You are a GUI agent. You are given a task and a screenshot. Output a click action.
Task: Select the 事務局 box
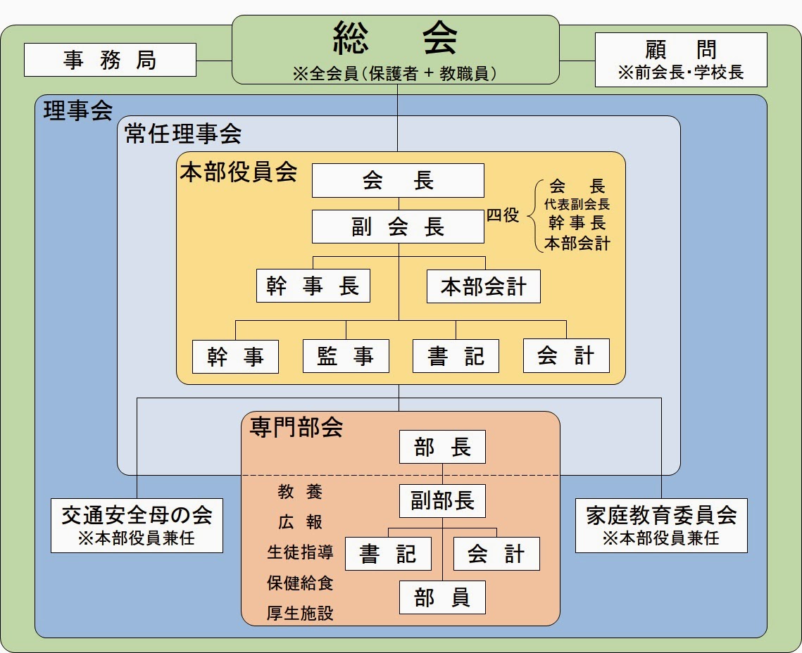click(110, 60)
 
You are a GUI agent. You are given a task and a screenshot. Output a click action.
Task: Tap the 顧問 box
click(681, 60)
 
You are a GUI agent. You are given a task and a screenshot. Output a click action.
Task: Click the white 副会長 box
click(398, 227)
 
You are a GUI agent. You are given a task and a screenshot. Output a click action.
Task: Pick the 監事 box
click(346, 356)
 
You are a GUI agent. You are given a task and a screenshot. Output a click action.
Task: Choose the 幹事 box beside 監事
click(236, 356)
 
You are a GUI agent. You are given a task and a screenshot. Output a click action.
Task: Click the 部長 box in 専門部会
click(442, 447)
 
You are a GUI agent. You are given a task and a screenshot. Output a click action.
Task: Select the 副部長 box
click(442, 501)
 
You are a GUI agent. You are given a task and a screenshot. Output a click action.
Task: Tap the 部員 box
click(442, 597)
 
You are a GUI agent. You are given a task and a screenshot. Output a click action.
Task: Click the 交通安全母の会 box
click(137, 526)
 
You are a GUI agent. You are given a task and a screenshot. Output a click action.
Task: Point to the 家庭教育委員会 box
click(661, 526)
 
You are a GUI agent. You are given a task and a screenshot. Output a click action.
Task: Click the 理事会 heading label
click(78, 111)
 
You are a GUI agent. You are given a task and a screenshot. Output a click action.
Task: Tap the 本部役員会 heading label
click(239, 172)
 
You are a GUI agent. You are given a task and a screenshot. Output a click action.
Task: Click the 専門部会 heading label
click(296, 428)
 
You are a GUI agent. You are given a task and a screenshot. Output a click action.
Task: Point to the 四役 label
click(503, 216)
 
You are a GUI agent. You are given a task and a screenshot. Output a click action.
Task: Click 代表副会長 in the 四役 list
click(577, 205)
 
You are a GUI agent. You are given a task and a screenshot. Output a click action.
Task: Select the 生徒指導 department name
click(300, 552)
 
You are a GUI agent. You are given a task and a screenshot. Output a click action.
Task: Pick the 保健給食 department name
click(300, 583)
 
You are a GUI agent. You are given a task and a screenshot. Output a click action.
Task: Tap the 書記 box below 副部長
click(388, 554)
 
